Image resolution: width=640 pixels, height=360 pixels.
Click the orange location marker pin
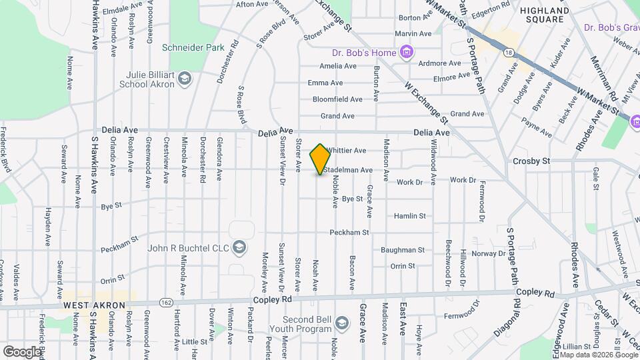[x=321, y=159]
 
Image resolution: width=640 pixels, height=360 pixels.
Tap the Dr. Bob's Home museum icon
[x=406, y=52]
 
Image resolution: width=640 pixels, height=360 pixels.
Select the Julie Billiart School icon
[x=185, y=80]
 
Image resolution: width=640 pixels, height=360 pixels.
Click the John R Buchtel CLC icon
[x=241, y=249]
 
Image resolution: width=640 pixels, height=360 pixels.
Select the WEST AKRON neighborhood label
[x=95, y=305]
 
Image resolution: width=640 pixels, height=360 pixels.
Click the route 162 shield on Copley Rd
[x=164, y=302]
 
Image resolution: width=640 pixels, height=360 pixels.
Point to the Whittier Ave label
[x=347, y=151]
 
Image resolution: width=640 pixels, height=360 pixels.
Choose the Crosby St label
[x=531, y=161]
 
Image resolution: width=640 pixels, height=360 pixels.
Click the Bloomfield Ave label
[x=337, y=99]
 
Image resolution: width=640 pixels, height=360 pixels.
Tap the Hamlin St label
[x=409, y=216]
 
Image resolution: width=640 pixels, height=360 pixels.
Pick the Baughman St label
[x=403, y=250]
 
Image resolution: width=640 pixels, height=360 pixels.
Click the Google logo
[x=22, y=351]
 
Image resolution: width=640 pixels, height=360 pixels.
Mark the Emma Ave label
[x=325, y=83]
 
